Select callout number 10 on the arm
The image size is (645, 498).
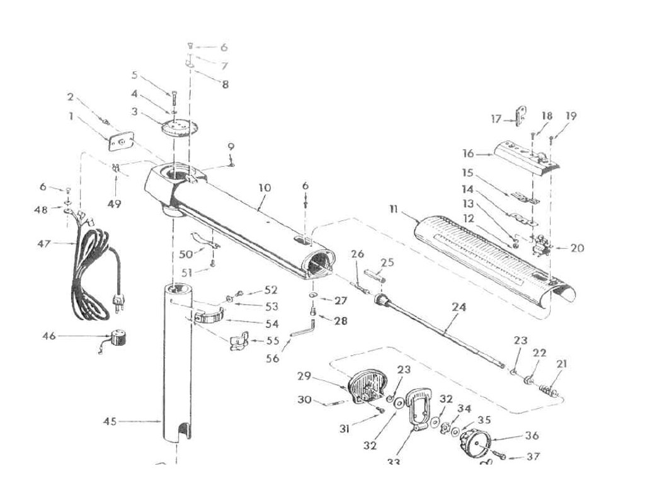click(265, 188)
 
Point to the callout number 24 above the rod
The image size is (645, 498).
click(459, 307)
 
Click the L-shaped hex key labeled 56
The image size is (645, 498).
click(302, 329)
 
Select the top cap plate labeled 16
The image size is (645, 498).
click(526, 155)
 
